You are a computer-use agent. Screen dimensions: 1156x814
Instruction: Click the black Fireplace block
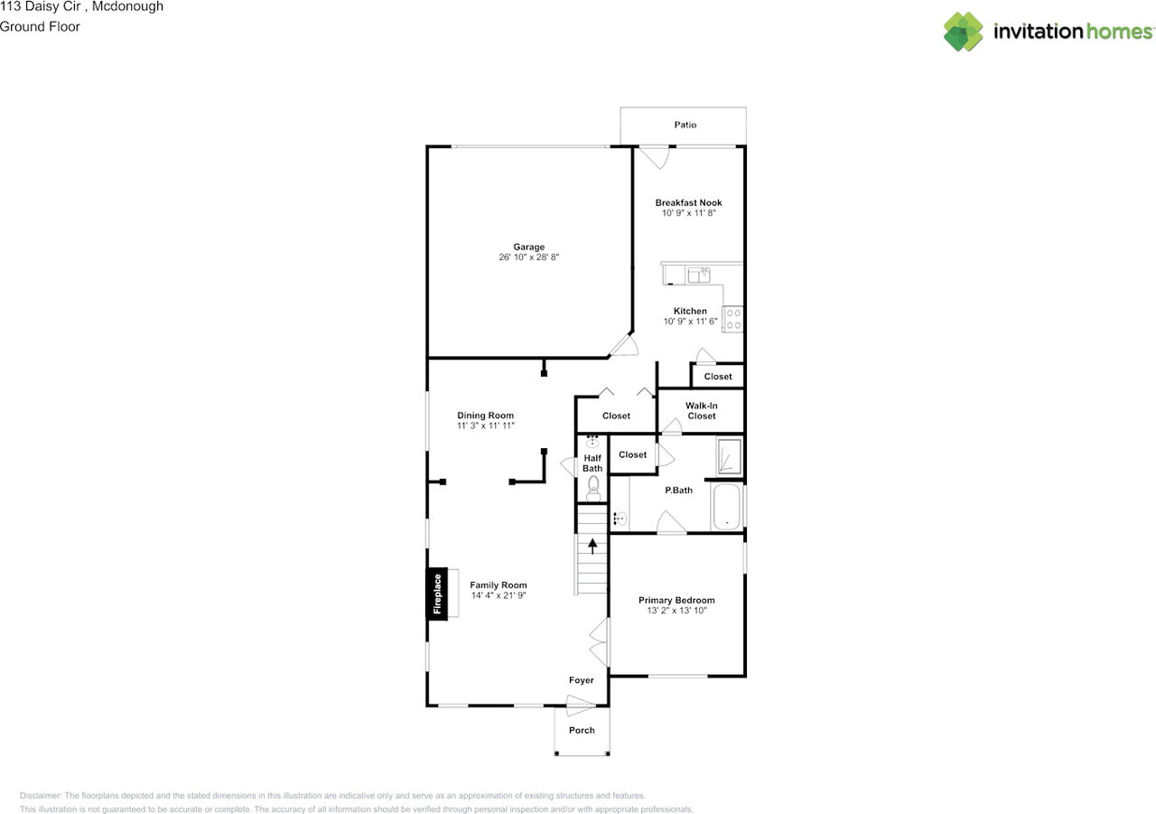point(436,594)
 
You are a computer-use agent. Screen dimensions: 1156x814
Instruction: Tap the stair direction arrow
point(592,546)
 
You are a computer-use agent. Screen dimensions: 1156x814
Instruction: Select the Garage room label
point(528,247)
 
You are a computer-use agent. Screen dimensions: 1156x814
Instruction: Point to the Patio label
point(685,125)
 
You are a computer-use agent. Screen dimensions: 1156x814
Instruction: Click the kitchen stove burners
point(732,320)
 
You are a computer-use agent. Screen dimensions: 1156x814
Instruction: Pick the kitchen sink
point(699,275)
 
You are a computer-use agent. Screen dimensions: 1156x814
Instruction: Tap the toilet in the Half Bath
point(593,488)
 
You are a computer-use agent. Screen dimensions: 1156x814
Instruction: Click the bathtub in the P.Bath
point(727,507)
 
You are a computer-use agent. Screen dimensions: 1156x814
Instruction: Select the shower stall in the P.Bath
point(729,457)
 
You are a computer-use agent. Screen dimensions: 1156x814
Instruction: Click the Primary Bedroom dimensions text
point(676,610)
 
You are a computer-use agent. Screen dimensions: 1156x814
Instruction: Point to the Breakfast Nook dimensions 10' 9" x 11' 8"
point(688,212)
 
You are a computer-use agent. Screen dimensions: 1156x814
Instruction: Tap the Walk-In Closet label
point(702,411)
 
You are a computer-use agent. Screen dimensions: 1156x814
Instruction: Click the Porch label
point(582,730)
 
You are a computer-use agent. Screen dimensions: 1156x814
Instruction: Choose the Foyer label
point(581,680)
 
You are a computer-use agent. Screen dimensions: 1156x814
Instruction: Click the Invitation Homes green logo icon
point(963,32)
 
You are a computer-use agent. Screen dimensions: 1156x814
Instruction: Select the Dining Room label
point(485,416)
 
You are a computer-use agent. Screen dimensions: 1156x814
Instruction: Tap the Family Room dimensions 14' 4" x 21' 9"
point(498,595)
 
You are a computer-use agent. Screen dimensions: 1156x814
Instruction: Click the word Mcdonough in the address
point(127,6)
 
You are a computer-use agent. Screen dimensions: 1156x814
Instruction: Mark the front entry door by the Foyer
point(581,706)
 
